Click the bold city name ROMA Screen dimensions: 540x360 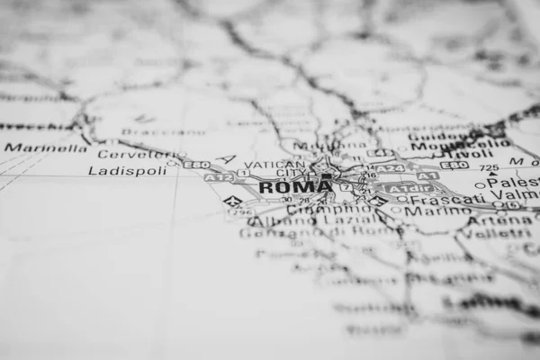point(294,187)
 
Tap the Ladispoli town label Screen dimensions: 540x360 point(127,170)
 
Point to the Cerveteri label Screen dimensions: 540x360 point(129,154)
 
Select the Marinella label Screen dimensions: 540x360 point(45,148)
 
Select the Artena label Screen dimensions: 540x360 point(487,220)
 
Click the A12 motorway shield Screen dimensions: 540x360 point(217,178)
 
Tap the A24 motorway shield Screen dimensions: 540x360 point(390,168)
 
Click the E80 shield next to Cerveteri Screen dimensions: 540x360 point(196,165)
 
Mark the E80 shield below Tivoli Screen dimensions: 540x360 point(454,166)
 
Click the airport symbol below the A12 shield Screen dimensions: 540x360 point(232,201)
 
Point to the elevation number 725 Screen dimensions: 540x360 point(489,168)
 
